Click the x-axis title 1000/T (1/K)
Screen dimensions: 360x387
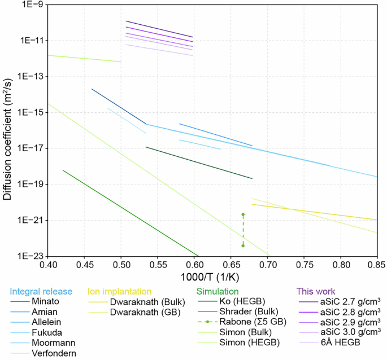tap(212, 277)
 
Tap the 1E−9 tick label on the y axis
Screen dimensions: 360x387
tap(34, 5)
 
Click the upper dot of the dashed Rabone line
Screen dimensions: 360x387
tap(243, 214)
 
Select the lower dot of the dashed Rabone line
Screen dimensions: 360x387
tap(243, 245)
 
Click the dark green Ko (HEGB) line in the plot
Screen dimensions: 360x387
tap(198, 162)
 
